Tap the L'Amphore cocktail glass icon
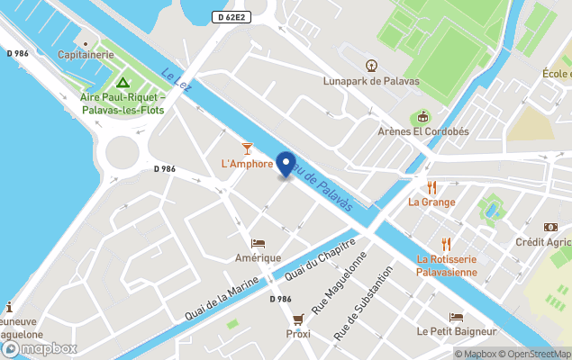click(x=247, y=148)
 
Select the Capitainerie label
click(x=86, y=54)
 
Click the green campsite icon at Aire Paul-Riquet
click(x=123, y=82)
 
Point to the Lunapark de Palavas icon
click(x=371, y=65)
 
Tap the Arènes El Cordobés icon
click(x=420, y=117)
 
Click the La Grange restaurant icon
click(x=431, y=187)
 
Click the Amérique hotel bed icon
click(x=259, y=243)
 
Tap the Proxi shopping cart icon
click(x=298, y=319)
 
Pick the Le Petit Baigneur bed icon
click(x=456, y=317)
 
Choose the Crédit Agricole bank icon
click(x=550, y=228)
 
